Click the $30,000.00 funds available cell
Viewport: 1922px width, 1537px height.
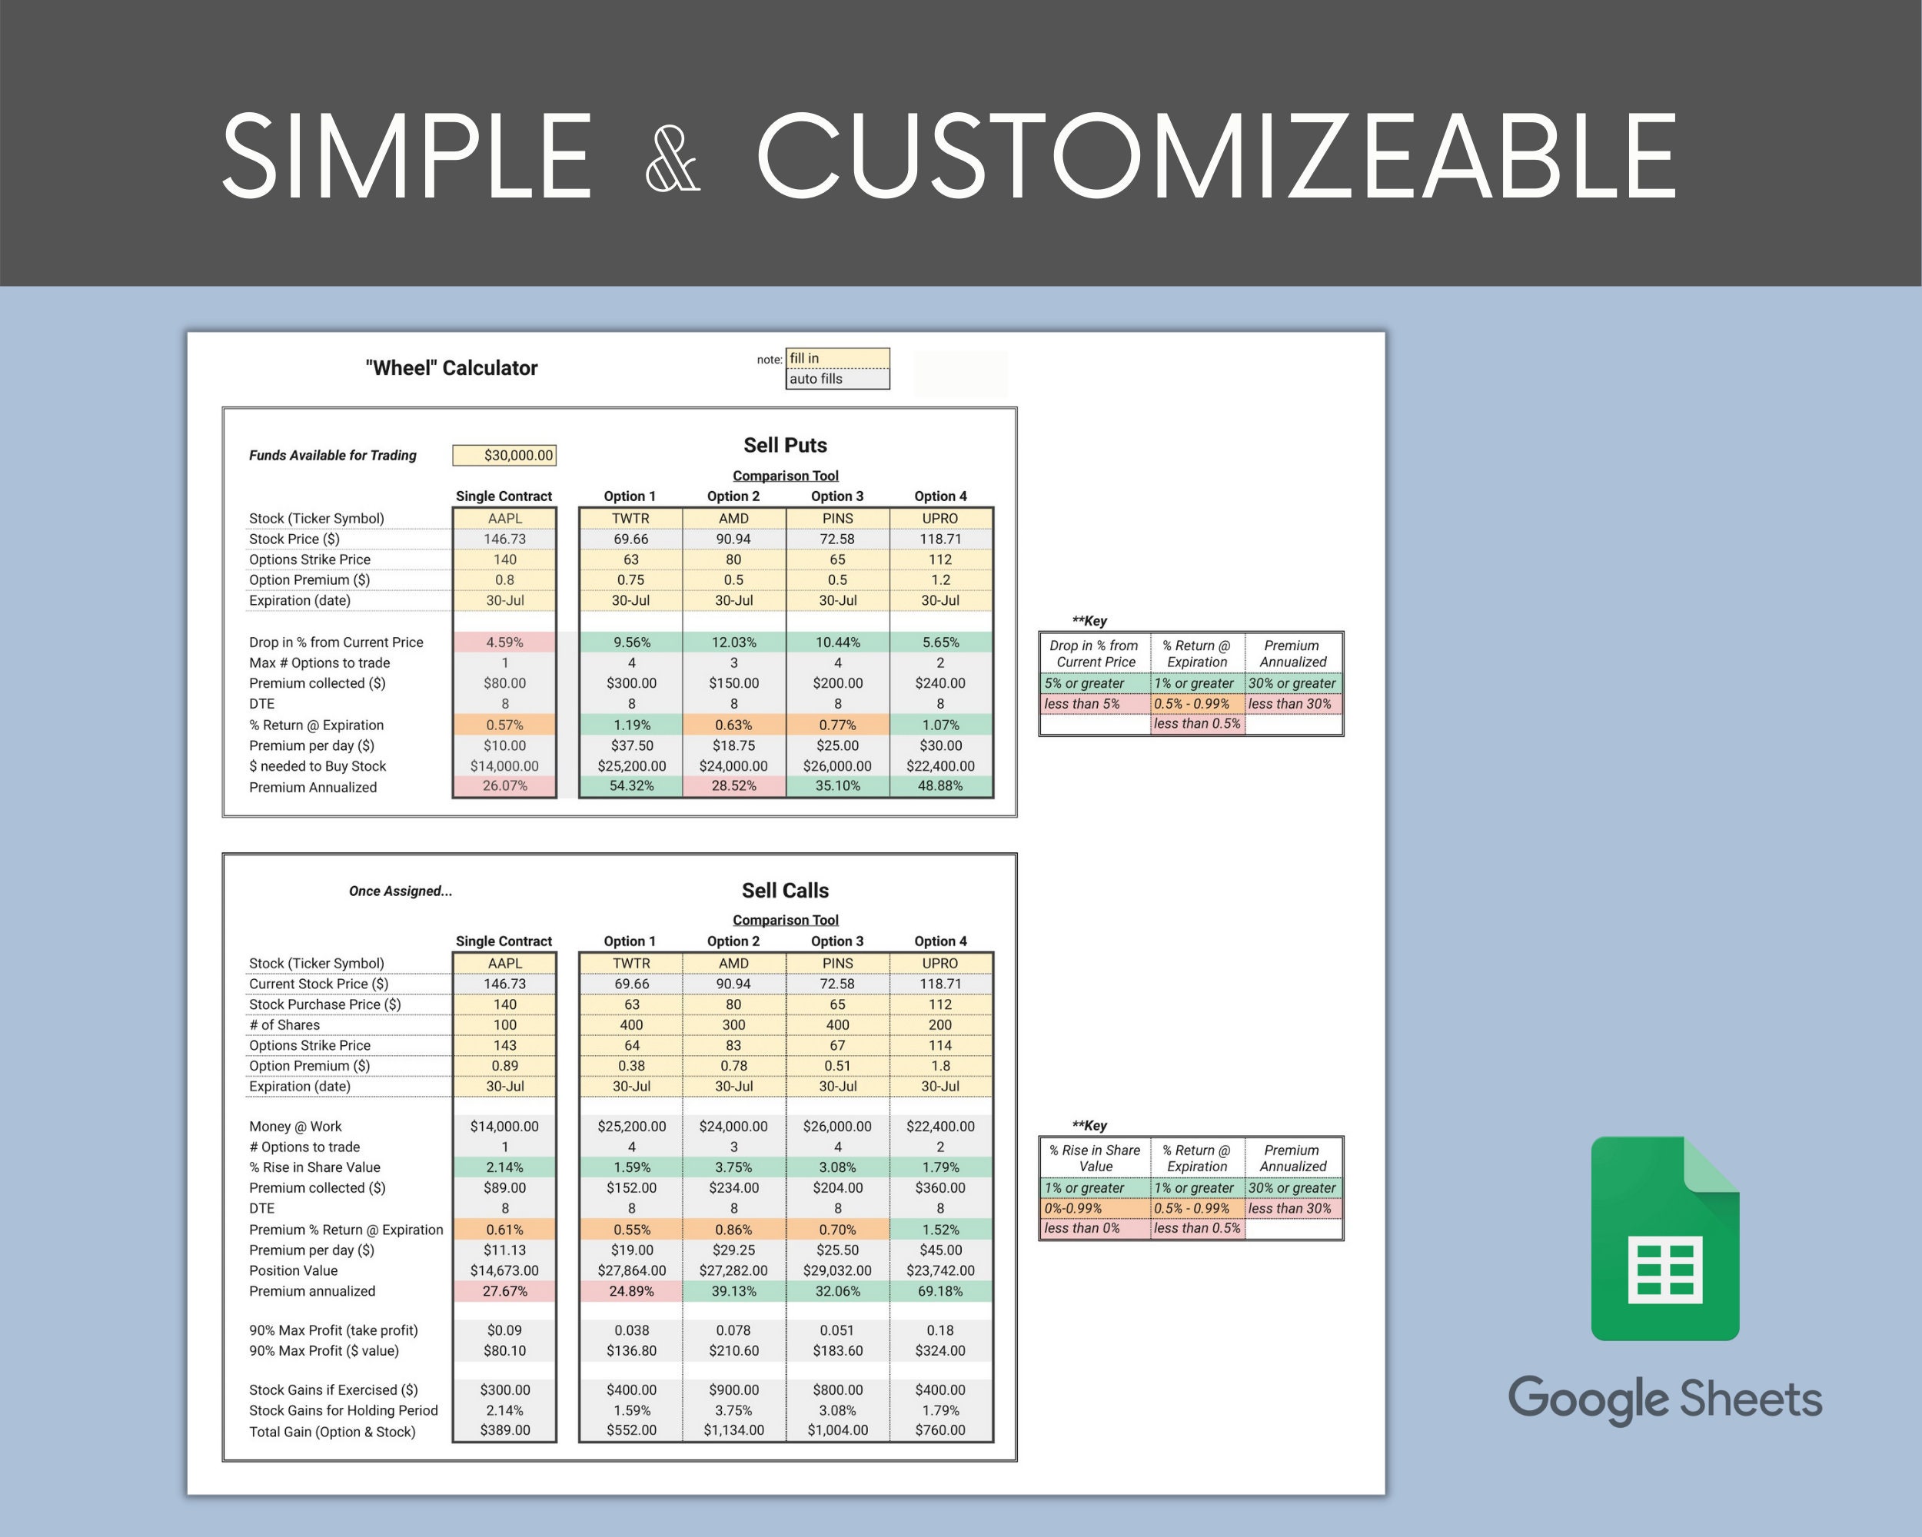click(x=504, y=455)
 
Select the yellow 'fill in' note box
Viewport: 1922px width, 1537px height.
click(x=837, y=358)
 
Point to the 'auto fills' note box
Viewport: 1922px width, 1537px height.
click(x=837, y=379)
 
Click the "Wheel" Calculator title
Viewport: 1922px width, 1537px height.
click(x=451, y=368)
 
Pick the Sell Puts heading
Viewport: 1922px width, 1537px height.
click(x=784, y=446)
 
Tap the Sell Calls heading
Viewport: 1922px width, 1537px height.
click(x=784, y=890)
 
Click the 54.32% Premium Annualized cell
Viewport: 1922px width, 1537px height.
click(x=631, y=786)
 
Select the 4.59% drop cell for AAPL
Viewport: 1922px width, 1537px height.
click(x=504, y=642)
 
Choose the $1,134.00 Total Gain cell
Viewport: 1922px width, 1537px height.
click(x=733, y=1430)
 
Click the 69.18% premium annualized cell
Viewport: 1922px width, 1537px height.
click(x=939, y=1291)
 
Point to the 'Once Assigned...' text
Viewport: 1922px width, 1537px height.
click(x=401, y=891)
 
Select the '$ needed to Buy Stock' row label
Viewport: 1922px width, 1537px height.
click(x=318, y=766)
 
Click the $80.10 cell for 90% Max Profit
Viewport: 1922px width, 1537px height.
click(x=504, y=1351)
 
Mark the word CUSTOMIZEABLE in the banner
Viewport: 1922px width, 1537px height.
click(x=1216, y=157)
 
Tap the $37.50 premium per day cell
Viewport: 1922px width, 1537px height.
click(x=631, y=745)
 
